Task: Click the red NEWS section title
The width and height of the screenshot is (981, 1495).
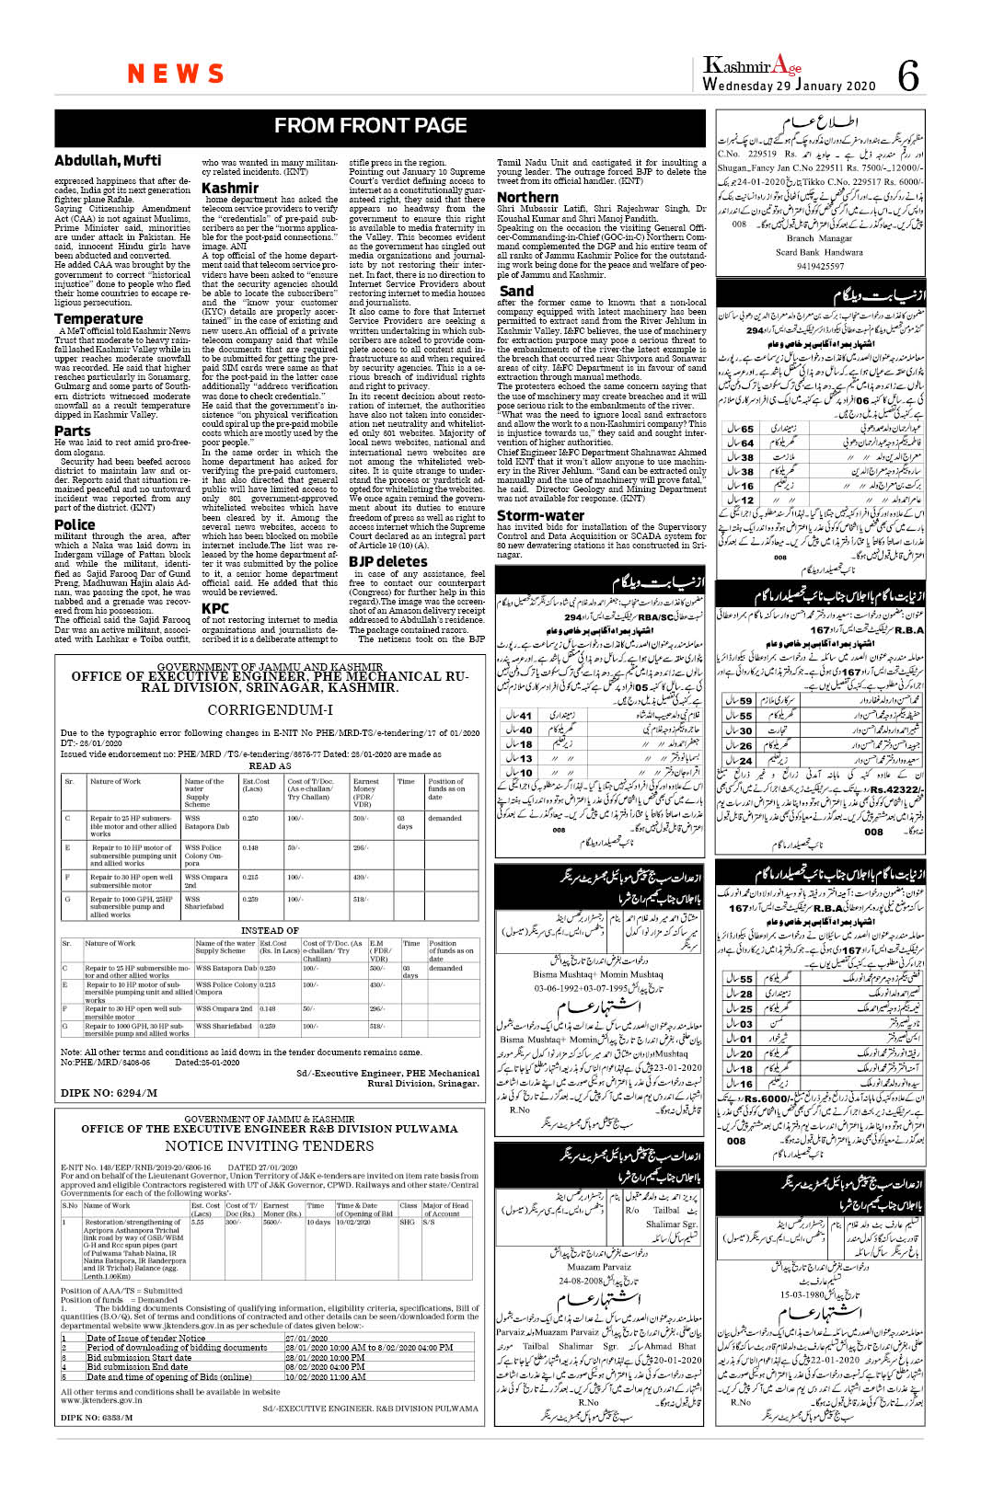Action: pyautogui.click(x=176, y=74)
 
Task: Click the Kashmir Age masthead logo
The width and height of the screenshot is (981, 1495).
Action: pyautogui.click(x=752, y=65)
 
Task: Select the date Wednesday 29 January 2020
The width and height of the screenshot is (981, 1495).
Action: pyautogui.click(x=789, y=86)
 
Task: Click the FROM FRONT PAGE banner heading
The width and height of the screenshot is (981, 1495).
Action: pyautogui.click(x=370, y=126)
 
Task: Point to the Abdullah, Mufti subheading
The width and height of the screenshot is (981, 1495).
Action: pyautogui.click(x=108, y=161)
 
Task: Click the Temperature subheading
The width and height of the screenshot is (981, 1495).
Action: pyautogui.click(x=98, y=318)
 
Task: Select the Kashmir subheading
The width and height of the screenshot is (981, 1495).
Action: pyautogui.click(x=230, y=188)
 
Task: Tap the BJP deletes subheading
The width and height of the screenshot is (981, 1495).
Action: pyautogui.click(x=387, y=561)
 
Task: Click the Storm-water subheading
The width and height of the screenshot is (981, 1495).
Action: pyautogui.click(x=540, y=515)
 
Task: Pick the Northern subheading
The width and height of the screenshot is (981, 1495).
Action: pyautogui.click(x=527, y=197)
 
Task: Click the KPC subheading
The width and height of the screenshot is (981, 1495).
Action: pyautogui.click(x=215, y=608)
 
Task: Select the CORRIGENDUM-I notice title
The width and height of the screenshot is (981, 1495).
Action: pyautogui.click(x=270, y=710)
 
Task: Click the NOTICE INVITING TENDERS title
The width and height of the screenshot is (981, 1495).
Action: pyautogui.click(x=270, y=1145)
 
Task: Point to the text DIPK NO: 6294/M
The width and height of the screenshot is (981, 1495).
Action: pyautogui.click(x=109, y=1093)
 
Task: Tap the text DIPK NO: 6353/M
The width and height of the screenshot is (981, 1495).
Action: pyautogui.click(x=97, y=1417)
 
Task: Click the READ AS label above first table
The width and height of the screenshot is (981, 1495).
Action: pyautogui.click(x=270, y=765)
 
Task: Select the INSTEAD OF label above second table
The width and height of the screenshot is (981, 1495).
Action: pyautogui.click(x=270, y=930)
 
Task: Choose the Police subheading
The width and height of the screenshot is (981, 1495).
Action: pyautogui.click(x=75, y=524)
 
